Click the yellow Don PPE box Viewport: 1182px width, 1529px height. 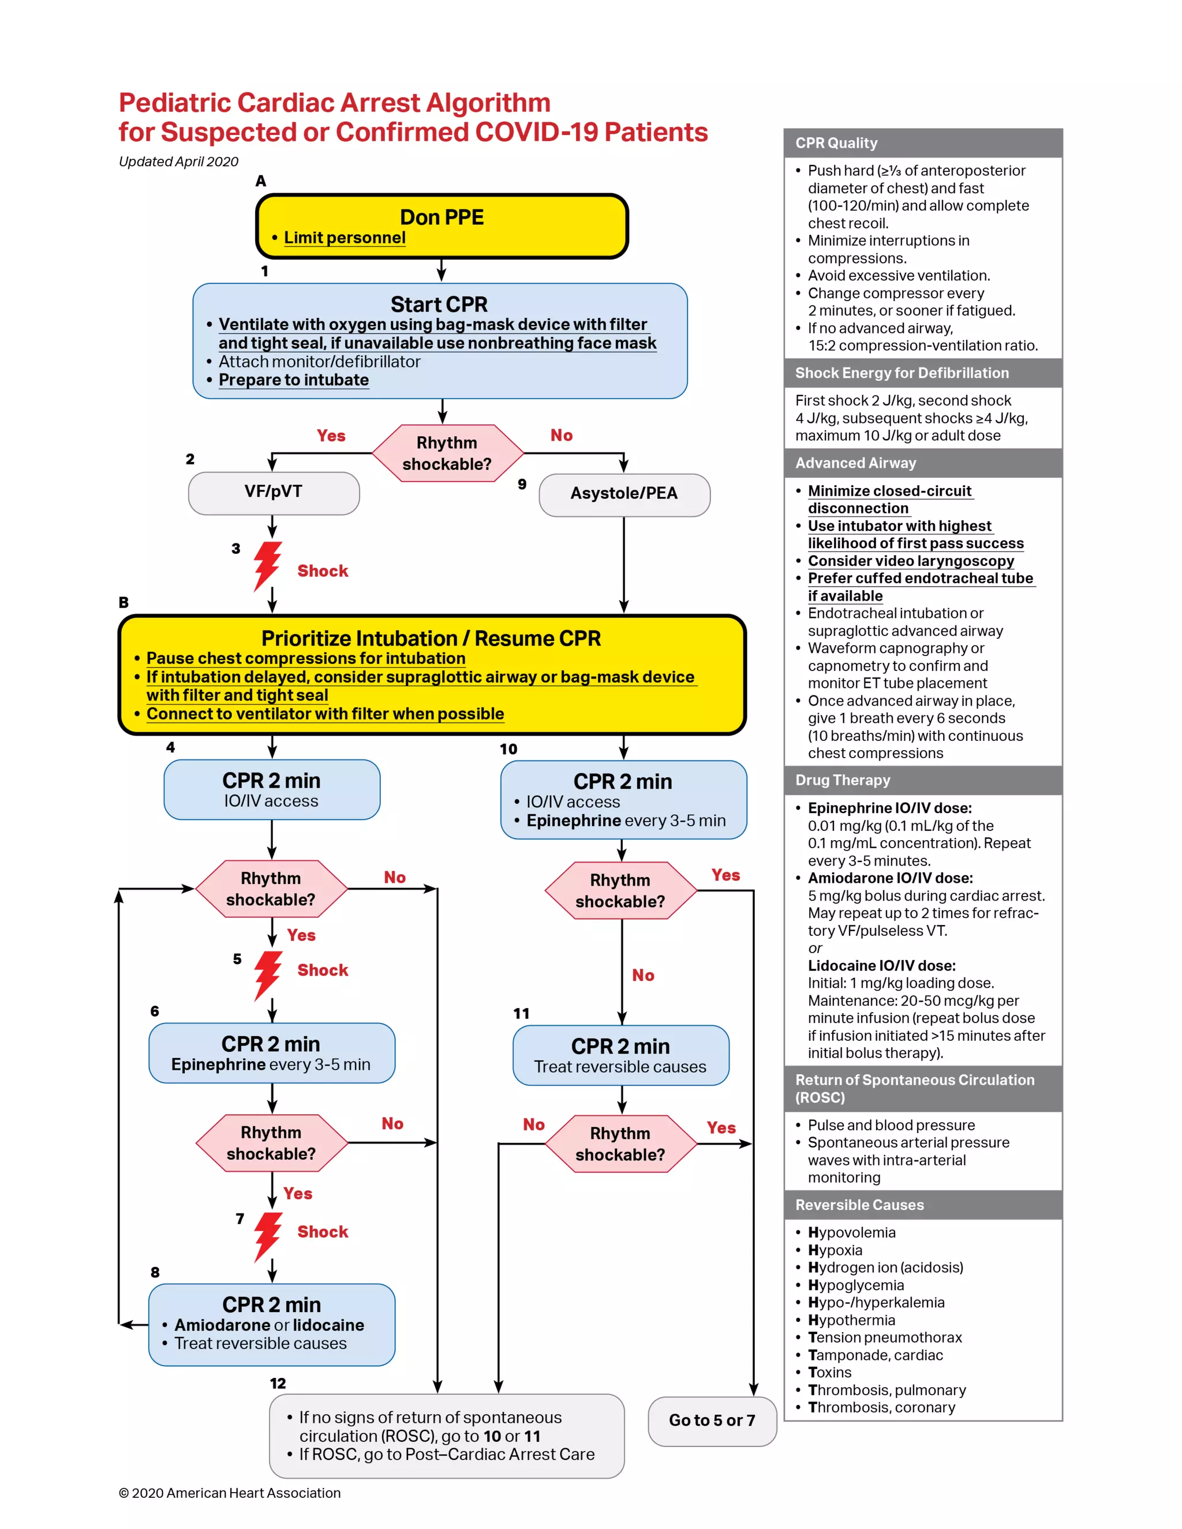pyautogui.click(x=442, y=226)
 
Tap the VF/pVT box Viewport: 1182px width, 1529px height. pyautogui.click(x=274, y=492)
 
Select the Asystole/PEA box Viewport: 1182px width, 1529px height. pyautogui.click(x=624, y=494)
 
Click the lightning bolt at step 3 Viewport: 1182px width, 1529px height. pyautogui.click(x=267, y=565)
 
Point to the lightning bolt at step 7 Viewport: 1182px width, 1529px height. pyautogui.click(x=267, y=1236)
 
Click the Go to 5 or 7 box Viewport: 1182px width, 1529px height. pyautogui.click(x=712, y=1421)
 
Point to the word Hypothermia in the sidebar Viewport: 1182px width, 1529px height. pyautogui.click(x=851, y=1320)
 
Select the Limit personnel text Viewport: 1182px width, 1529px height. pyautogui.click(x=345, y=238)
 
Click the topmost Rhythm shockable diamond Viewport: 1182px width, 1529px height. pyautogui.click(x=447, y=453)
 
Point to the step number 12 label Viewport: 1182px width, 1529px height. pyautogui.click(x=278, y=1384)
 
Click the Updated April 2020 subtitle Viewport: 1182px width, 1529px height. pyautogui.click(x=178, y=162)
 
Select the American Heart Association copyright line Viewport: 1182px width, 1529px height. pyautogui.click(x=230, y=1493)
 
